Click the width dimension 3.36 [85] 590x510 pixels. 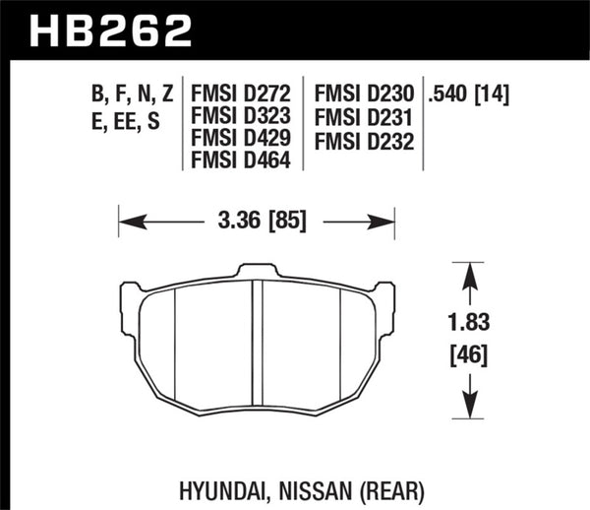pyautogui.click(x=256, y=221)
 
